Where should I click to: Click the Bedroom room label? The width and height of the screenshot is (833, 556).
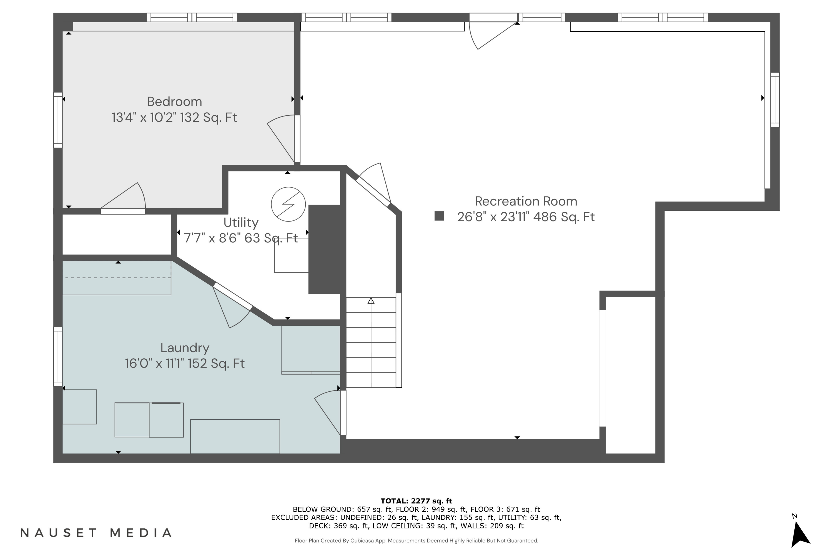tap(174, 102)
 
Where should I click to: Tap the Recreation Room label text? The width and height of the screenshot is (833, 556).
tap(526, 201)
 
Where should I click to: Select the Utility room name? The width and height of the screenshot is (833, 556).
tap(241, 222)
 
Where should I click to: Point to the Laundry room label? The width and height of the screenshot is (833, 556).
tap(185, 348)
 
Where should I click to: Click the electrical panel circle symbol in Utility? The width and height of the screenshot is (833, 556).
tap(288, 204)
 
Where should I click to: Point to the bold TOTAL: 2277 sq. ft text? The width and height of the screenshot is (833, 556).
tap(416, 501)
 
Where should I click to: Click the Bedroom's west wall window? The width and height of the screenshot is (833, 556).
tap(58, 120)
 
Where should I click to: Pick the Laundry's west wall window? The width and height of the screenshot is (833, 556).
tap(58, 356)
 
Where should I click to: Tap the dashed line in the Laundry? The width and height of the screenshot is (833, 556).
tap(117, 278)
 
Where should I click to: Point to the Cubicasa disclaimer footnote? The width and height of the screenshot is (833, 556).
tap(416, 540)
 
